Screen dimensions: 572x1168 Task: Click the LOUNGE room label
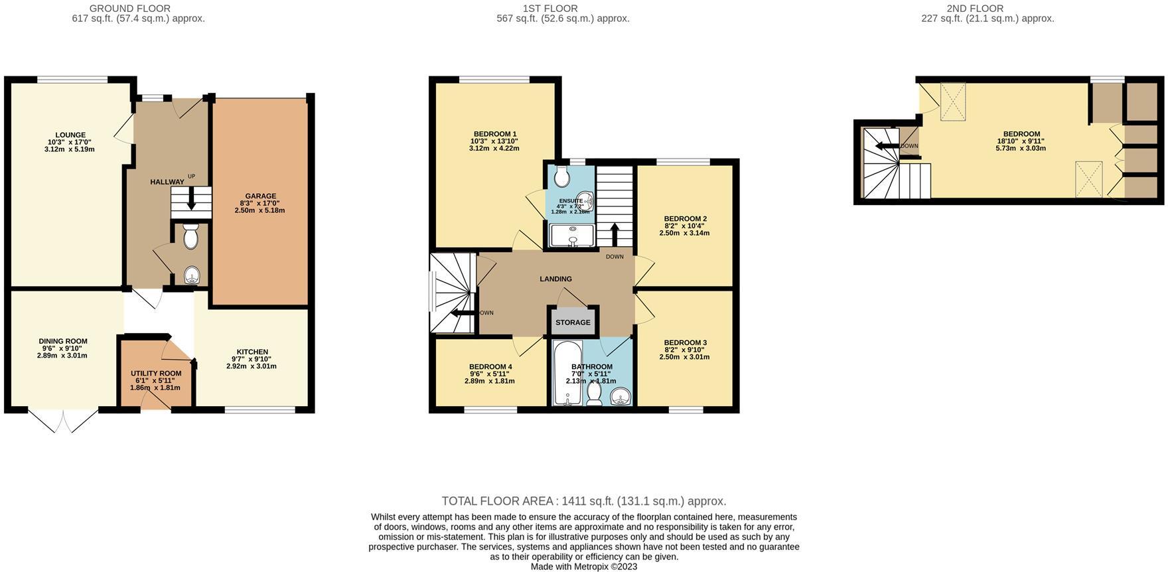[70, 135]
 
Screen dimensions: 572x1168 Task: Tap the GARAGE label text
[260, 196]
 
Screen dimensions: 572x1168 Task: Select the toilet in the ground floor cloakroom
[190, 236]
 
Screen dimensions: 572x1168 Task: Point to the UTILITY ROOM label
[156, 374]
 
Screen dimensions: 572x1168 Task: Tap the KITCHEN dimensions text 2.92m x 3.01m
[252, 366]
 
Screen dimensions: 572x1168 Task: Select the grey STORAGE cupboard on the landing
[573, 322]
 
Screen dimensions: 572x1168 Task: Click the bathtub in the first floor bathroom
[567, 373]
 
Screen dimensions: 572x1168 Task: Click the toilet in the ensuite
[561, 177]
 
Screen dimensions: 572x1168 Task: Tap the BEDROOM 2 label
[685, 219]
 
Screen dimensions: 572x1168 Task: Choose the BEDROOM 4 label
[490, 367]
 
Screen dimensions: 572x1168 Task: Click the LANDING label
[555, 279]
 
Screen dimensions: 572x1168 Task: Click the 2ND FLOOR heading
[987, 9]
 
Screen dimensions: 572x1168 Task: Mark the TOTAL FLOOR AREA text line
[584, 502]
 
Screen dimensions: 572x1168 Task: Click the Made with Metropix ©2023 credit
[584, 567]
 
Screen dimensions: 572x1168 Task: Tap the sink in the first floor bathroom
[621, 397]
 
